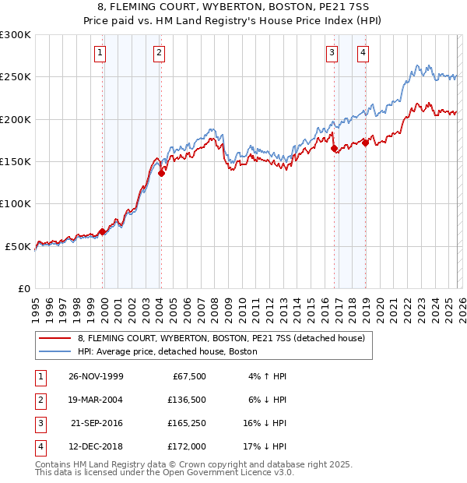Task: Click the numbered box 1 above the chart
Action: (102, 53)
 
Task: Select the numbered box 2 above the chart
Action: (159, 53)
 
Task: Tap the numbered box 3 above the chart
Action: (332, 53)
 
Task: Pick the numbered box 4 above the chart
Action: (363, 53)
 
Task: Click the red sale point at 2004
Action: (161, 174)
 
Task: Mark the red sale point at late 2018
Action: (365, 143)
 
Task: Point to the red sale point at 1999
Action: (103, 231)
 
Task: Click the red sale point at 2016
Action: (334, 148)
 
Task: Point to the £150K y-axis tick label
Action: (16, 161)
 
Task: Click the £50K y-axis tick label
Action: (19, 246)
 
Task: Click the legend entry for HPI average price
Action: (167, 351)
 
